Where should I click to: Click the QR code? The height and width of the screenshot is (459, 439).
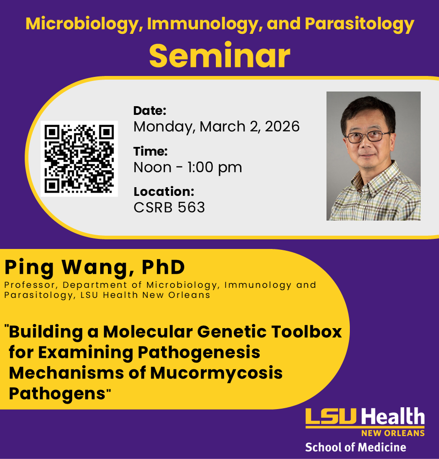point(79,159)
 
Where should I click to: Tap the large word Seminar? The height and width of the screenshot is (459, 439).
point(219,56)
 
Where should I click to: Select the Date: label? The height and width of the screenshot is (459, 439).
point(150,110)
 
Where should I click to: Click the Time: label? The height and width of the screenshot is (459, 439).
point(150,151)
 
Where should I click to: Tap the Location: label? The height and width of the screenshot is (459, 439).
point(164,192)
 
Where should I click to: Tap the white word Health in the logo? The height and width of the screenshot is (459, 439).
point(393,417)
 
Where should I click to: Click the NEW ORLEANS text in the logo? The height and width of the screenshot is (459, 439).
point(393,433)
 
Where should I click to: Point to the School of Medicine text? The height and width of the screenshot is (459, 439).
point(355,447)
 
